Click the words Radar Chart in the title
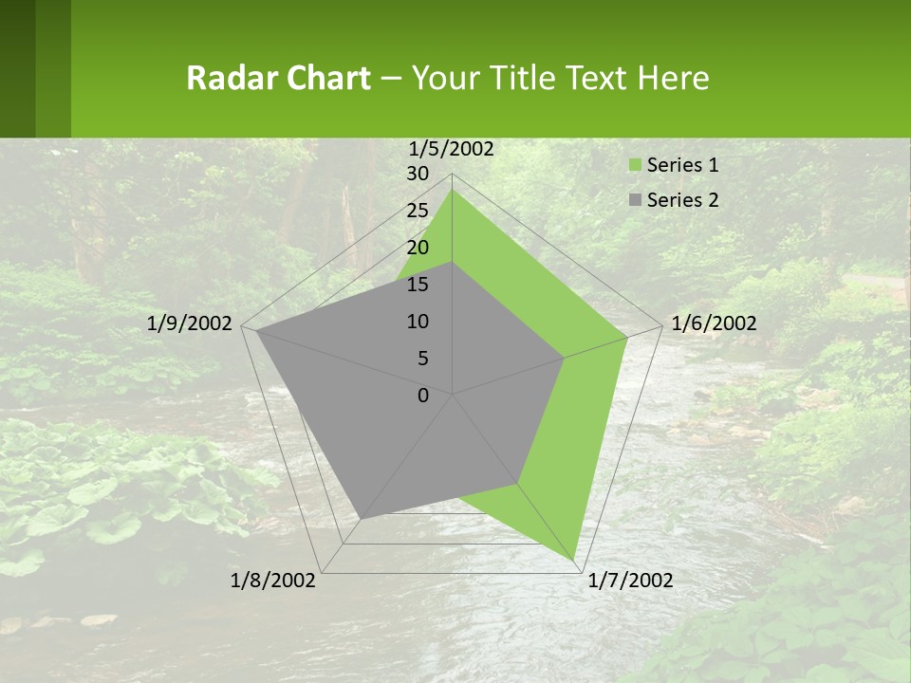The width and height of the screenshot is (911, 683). [x=278, y=78]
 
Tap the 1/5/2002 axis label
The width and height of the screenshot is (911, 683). [x=451, y=148]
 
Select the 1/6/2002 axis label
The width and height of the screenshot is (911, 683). [x=714, y=323]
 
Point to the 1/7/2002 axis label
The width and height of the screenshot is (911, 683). [x=630, y=581]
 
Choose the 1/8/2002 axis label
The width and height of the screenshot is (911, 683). [x=273, y=581]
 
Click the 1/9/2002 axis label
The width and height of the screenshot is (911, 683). [x=190, y=323]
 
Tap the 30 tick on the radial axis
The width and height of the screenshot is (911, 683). [x=418, y=174]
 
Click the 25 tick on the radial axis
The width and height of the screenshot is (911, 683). [x=418, y=211]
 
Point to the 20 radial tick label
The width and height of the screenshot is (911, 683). [x=418, y=248]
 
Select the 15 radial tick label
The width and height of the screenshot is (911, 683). [x=418, y=285]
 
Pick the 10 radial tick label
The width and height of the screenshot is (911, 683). [x=418, y=322]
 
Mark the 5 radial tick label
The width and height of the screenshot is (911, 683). [x=422, y=359]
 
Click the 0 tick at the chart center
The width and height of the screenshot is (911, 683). [x=423, y=396]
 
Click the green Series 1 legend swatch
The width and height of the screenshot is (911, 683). [x=634, y=165]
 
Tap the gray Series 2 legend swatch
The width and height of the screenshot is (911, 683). [x=634, y=200]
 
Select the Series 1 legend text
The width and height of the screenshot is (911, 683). [x=682, y=165]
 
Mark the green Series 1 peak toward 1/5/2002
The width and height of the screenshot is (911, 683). [x=453, y=190]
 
